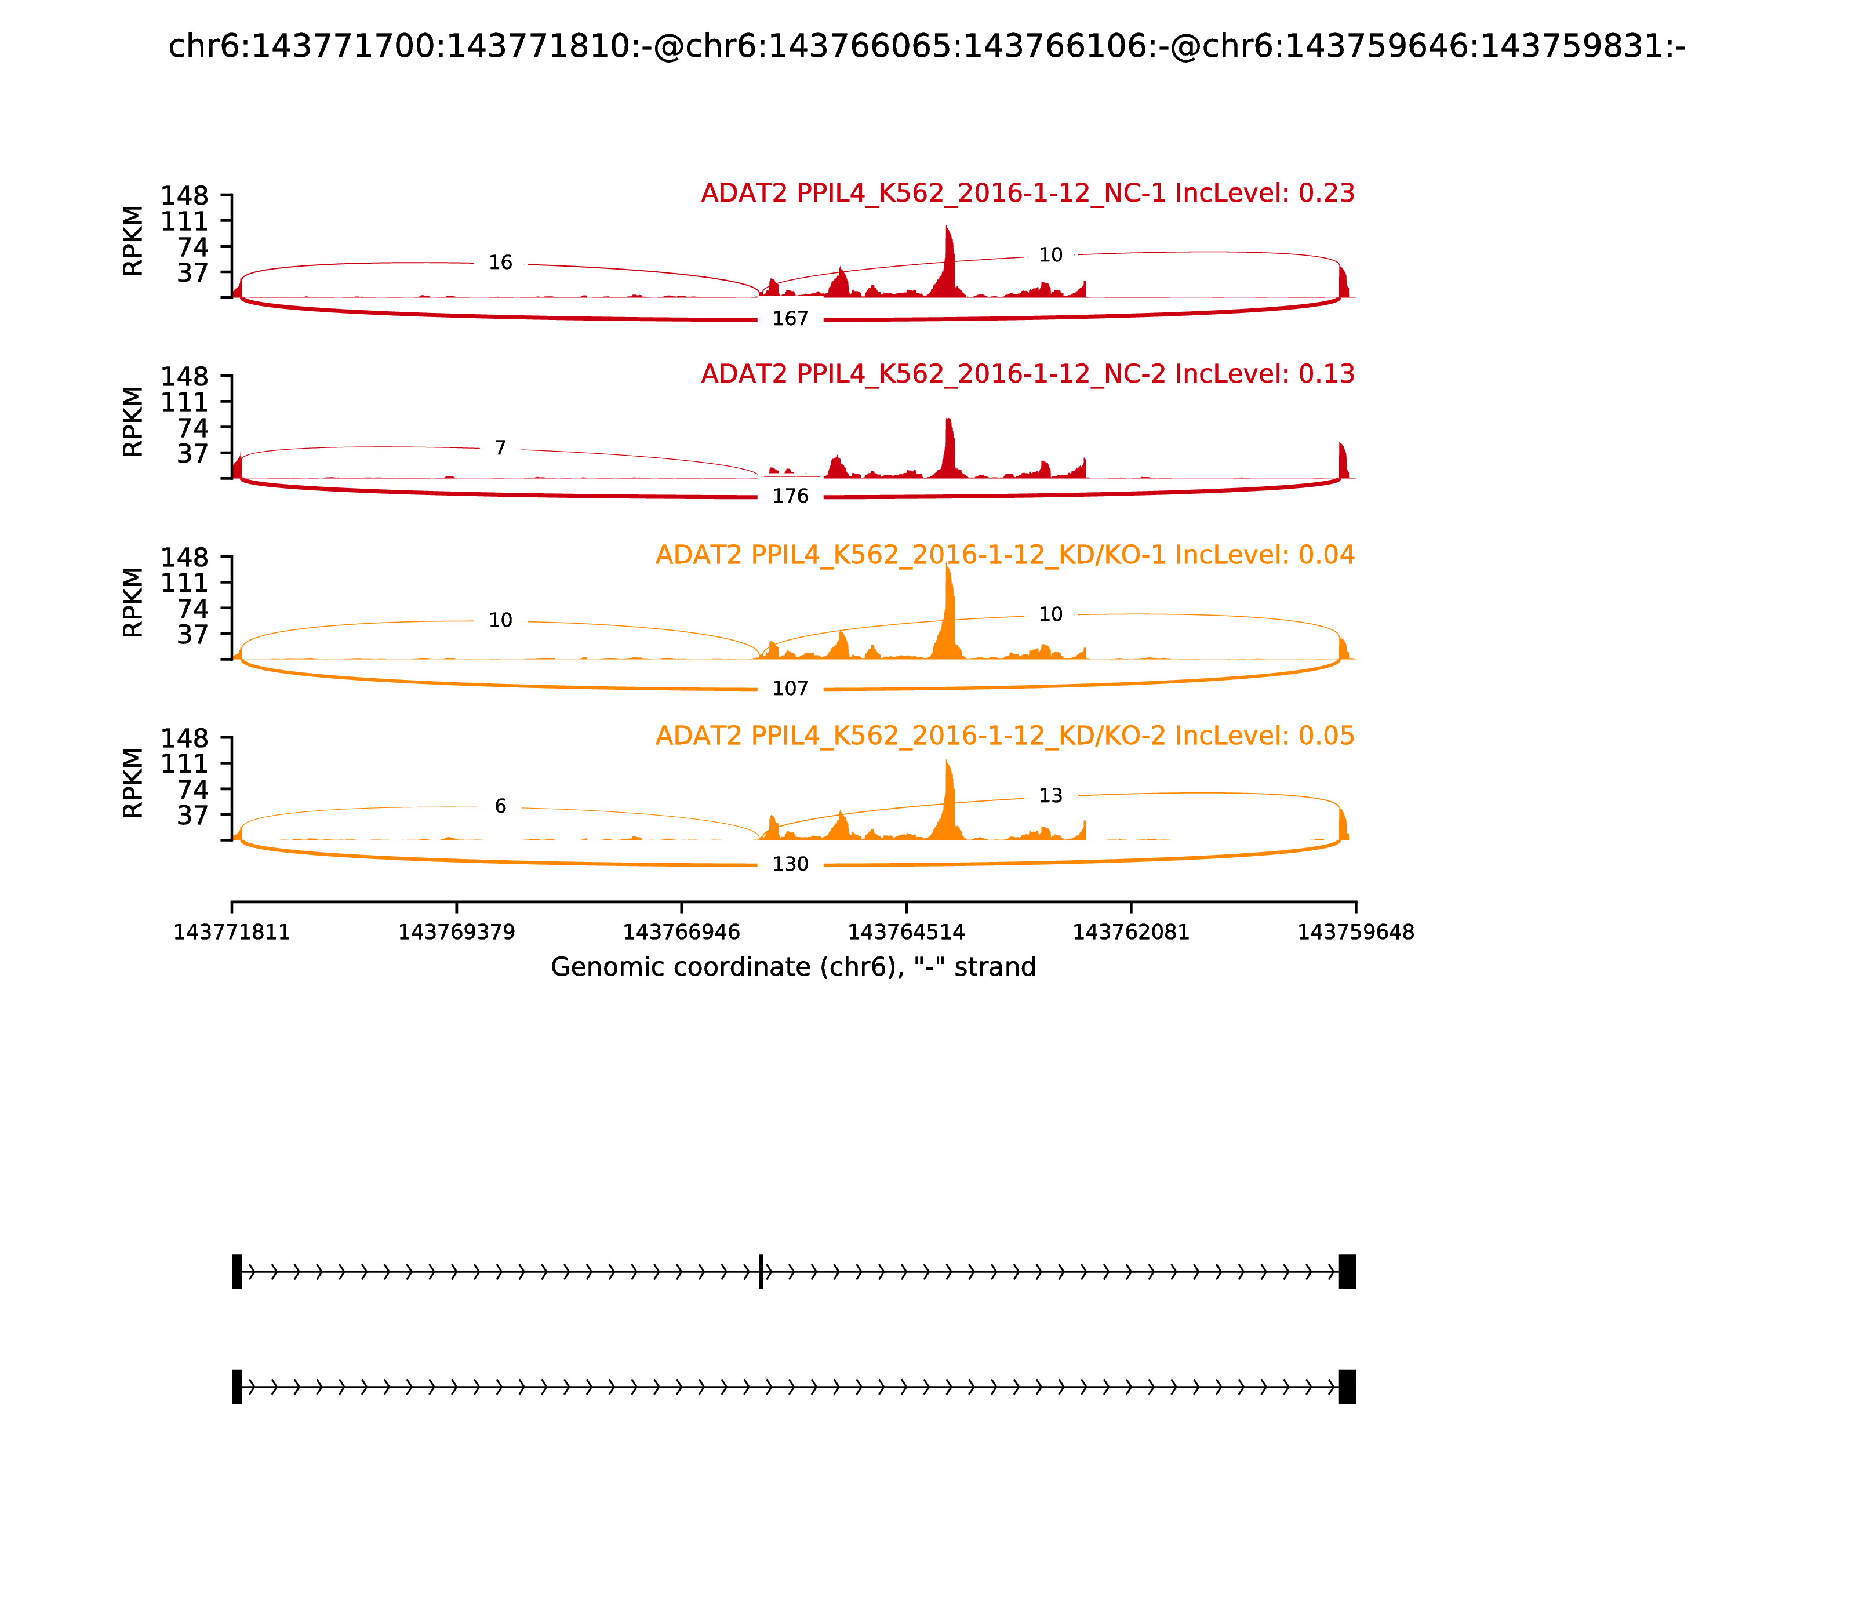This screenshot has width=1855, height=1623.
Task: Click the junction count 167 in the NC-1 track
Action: [x=790, y=319]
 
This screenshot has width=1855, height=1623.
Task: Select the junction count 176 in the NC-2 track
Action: [x=790, y=496]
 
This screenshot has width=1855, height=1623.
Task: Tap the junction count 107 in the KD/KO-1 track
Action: [x=790, y=689]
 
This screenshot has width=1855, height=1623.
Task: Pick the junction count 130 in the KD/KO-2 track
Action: [x=790, y=865]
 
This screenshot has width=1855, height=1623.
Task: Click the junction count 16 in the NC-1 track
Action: [x=500, y=263]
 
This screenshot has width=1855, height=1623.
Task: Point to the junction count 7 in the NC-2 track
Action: [x=500, y=448]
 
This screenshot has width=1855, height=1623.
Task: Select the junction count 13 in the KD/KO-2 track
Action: [x=1050, y=796]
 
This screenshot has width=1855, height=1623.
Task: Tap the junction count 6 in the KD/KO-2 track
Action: [x=500, y=807]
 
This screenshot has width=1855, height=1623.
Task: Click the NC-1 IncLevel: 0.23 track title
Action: [x=1027, y=194]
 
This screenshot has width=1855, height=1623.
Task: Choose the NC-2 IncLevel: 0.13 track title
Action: [x=1027, y=374]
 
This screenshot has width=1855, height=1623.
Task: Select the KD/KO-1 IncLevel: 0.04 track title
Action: [x=1005, y=555]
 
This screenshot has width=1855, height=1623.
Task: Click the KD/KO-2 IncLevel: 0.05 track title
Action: [x=1005, y=736]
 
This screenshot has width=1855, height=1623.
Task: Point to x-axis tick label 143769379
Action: [x=457, y=933]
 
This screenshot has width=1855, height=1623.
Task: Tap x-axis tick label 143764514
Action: [x=905, y=933]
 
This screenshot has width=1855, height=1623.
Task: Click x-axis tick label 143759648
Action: [x=1355, y=933]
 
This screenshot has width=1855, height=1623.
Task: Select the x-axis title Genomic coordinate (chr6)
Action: [x=792, y=967]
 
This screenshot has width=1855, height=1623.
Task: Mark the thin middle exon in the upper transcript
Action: [x=761, y=1272]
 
